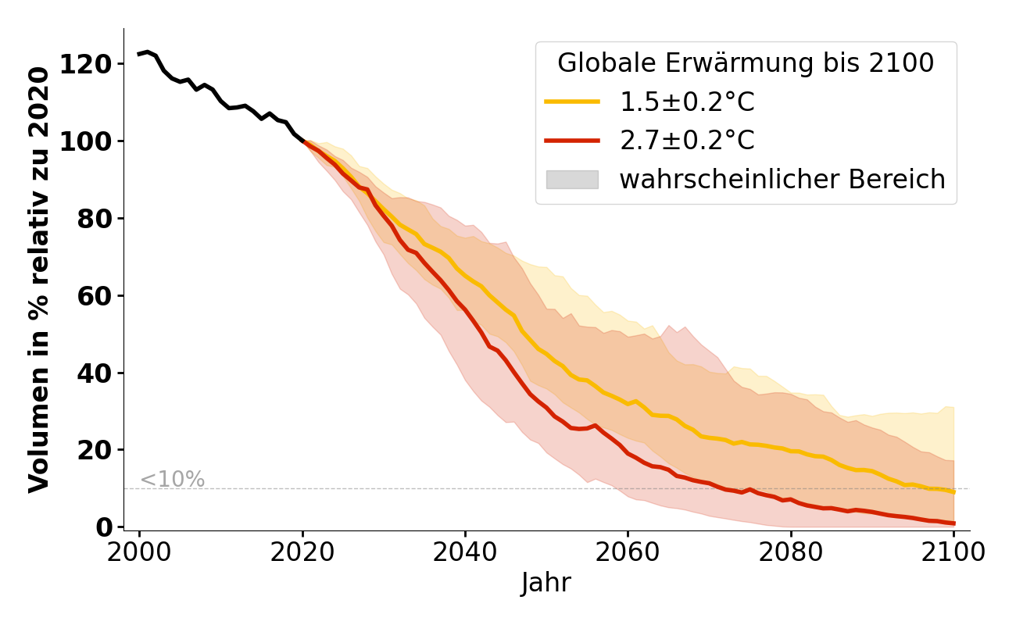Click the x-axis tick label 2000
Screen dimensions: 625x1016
pyautogui.click(x=140, y=552)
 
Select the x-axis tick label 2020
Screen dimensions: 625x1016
pyautogui.click(x=302, y=552)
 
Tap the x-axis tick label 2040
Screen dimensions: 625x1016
pyautogui.click(x=465, y=552)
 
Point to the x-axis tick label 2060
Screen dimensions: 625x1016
pyautogui.click(x=628, y=552)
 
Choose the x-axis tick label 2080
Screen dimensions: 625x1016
pyautogui.click(x=790, y=552)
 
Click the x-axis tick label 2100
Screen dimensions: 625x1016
pyautogui.click(x=953, y=552)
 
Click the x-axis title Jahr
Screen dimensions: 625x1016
pyautogui.click(x=546, y=583)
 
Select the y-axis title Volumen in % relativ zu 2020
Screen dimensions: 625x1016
pyautogui.click(x=39, y=279)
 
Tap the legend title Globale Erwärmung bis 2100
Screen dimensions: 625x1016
pyautogui.click(x=746, y=63)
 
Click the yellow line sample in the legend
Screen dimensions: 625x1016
pyautogui.click(x=572, y=102)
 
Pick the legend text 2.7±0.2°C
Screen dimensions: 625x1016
pyautogui.click(x=687, y=141)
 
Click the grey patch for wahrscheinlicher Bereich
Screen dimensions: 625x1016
pyautogui.click(x=572, y=180)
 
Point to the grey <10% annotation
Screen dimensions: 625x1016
pyautogui.click(x=173, y=480)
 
